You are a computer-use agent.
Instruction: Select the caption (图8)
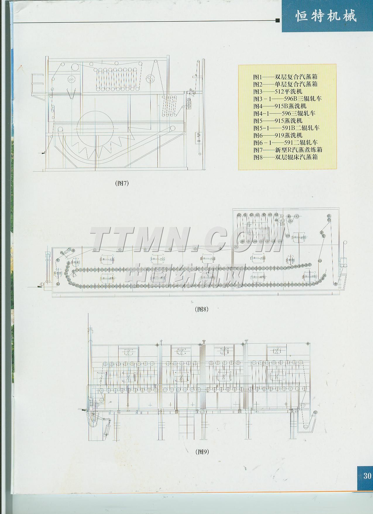click(x=202, y=309)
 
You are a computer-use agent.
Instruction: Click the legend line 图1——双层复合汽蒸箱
click(x=285, y=77)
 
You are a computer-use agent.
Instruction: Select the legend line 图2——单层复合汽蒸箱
click(x=285, y=84)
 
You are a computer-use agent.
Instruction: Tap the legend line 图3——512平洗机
click(x=278, y=92)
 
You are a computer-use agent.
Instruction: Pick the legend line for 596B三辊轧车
click(x=287, y=99)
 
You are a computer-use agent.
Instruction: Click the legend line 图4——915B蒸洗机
click(x=280, y=106)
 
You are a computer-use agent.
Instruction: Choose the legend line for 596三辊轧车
click(x=284, y=113)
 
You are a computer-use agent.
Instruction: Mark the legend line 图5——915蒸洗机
click(x=278, y=121)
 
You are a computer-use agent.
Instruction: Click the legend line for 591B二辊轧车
click(x=286, y=128)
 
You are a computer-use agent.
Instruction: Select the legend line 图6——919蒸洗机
click(x=278, y=135)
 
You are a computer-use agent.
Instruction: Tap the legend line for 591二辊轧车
click(x=285, y=143)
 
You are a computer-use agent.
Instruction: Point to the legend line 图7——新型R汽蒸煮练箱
click(x=288, y=150)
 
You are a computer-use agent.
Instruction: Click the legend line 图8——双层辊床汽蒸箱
click(x=285, y=157)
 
